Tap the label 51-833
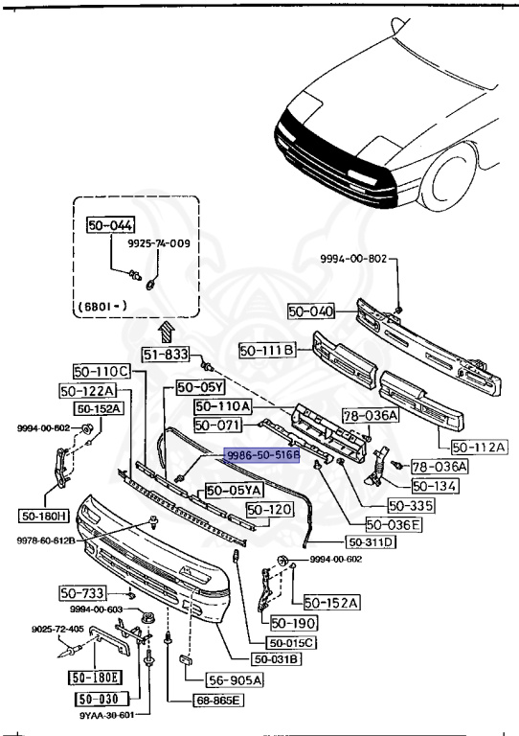(x=167, y=355)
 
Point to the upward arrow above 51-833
(x=166, y=332)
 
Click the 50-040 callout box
(x=311, y=310)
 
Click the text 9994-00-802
(x=353, y=259)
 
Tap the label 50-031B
(x=277, y=658)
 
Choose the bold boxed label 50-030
(x=99, y=700)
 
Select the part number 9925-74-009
(x=160, y=243)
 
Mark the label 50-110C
(x=101, y=371)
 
